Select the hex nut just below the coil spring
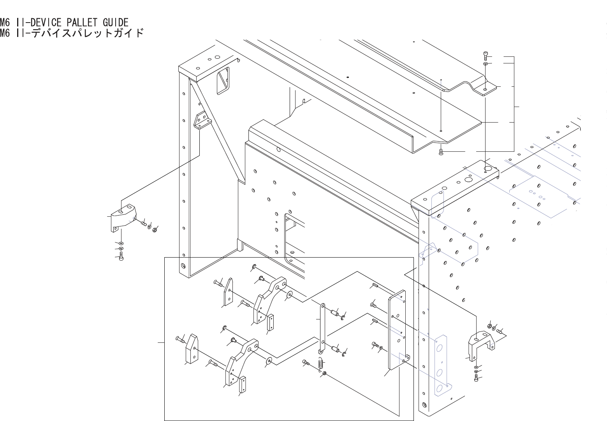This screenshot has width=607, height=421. point(324,374)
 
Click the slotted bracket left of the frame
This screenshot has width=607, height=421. point(123,218)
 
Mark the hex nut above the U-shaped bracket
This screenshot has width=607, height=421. point(489,326)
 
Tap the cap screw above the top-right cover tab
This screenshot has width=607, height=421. point(485,55)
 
